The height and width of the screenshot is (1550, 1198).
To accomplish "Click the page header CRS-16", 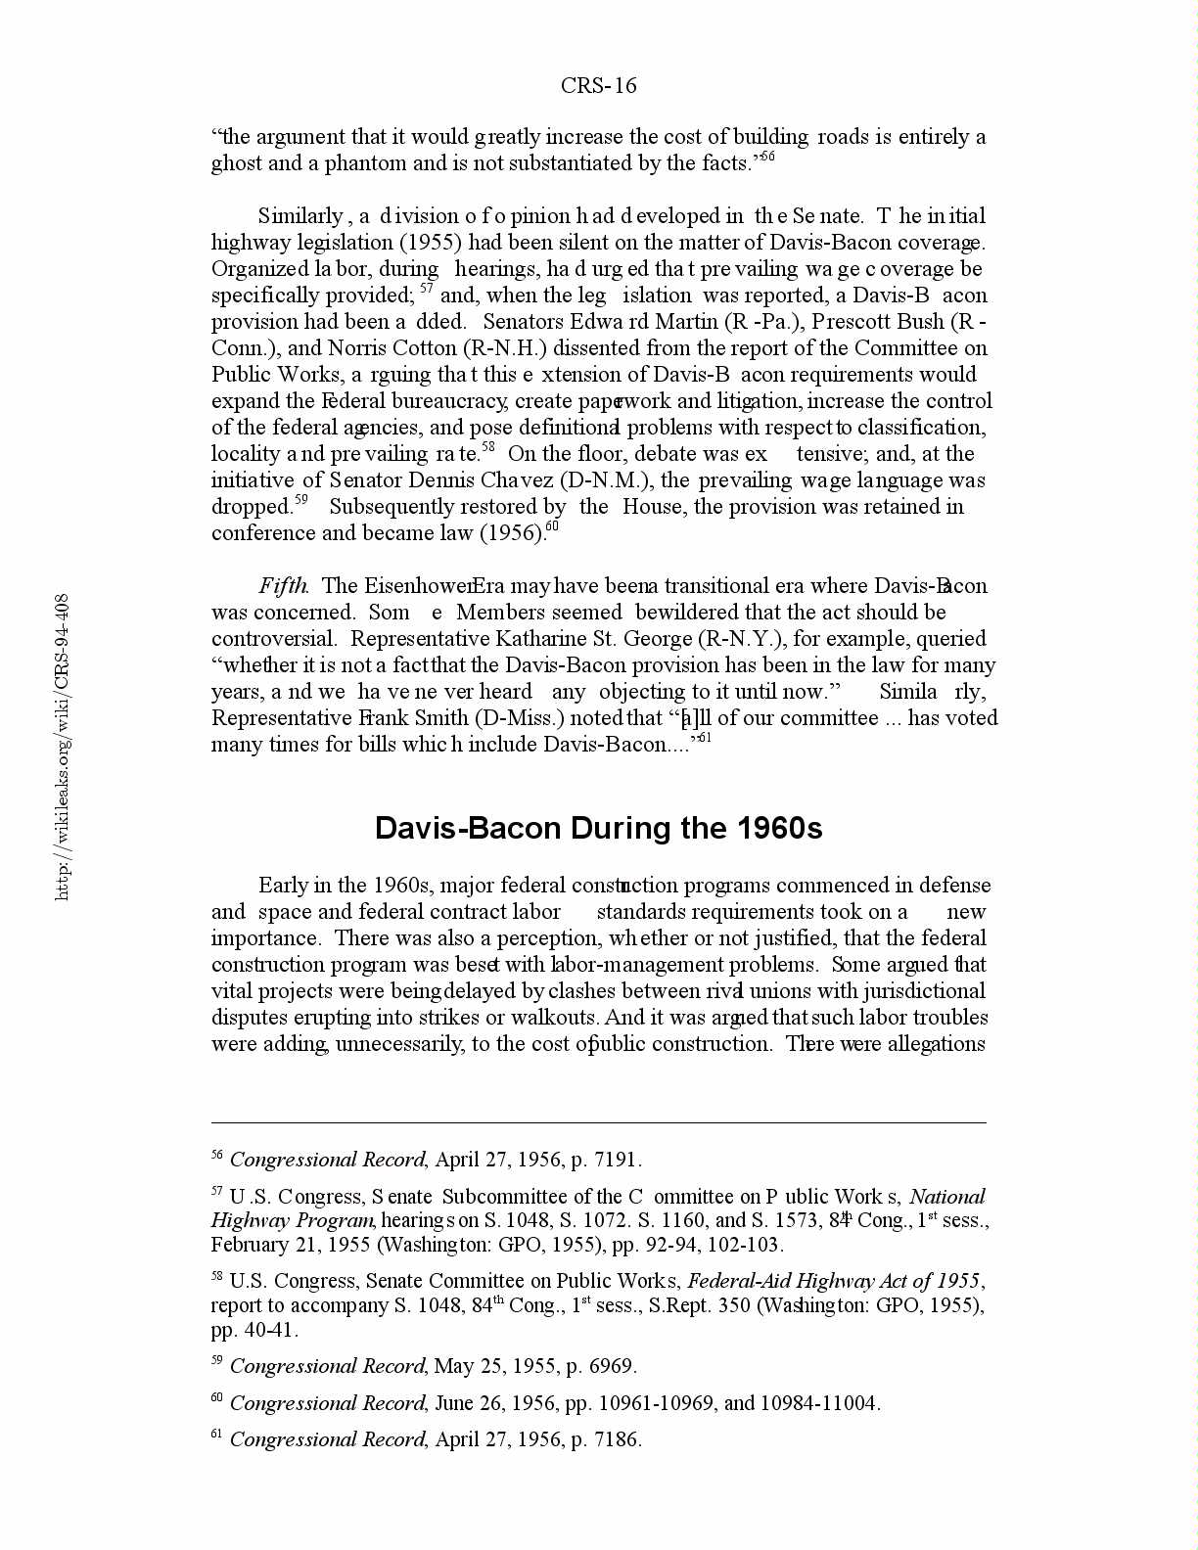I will click(598, 86).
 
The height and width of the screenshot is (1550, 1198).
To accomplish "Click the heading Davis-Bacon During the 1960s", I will click(598, 829).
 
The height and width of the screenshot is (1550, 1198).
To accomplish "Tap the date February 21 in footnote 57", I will click(257, 1245).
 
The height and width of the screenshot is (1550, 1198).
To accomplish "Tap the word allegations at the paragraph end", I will click(936, 1044).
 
